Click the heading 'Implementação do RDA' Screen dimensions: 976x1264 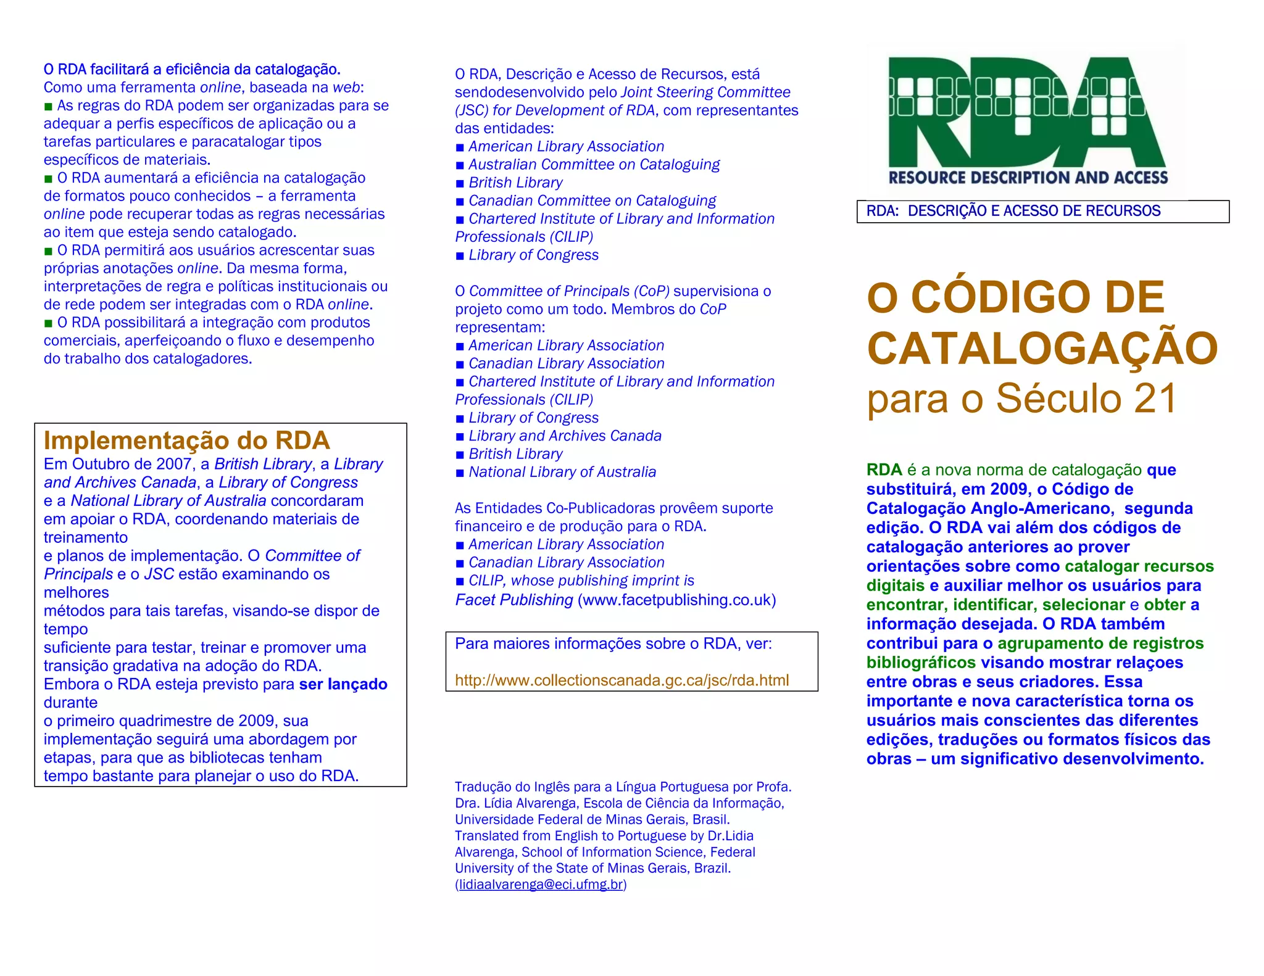point(186,440)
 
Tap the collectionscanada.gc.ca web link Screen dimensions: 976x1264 point(622,680)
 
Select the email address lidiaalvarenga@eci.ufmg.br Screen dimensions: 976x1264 point(541,884)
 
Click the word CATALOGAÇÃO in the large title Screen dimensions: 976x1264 point(1042,348)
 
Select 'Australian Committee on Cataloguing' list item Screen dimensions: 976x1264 point(594,165)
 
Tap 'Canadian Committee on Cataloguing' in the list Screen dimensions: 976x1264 point(592,201)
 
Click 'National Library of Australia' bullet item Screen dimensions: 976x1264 point(562,472)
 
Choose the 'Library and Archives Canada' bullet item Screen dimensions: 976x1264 point(565,436)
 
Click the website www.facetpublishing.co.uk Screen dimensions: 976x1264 point(676,600)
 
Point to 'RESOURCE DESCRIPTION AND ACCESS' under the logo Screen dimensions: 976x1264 point(1028,178)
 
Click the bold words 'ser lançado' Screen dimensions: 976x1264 point(343,684)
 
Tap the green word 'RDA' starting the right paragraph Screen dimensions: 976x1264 point(884,470)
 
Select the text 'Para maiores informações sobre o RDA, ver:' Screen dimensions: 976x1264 point(613,643)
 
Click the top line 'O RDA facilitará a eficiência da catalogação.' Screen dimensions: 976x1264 point(192,69)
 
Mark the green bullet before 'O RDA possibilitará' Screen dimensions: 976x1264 point(48,323)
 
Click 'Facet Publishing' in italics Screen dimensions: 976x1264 point(514,600)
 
